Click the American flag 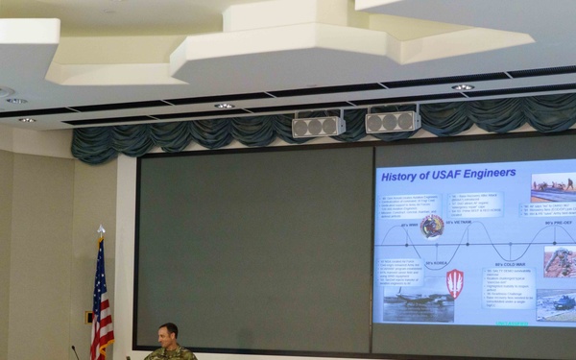click(101, 302)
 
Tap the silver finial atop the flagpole click(101, 231)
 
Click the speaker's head click(168, 335)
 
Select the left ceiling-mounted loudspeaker click(318, 126)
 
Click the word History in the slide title click(401, 176)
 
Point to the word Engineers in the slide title click(487, 174)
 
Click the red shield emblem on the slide click(455, 282)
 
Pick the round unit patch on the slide click(432, 226)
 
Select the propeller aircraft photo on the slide click(418, 305)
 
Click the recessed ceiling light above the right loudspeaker click(463, 87)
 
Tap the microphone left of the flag click(74, 350)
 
